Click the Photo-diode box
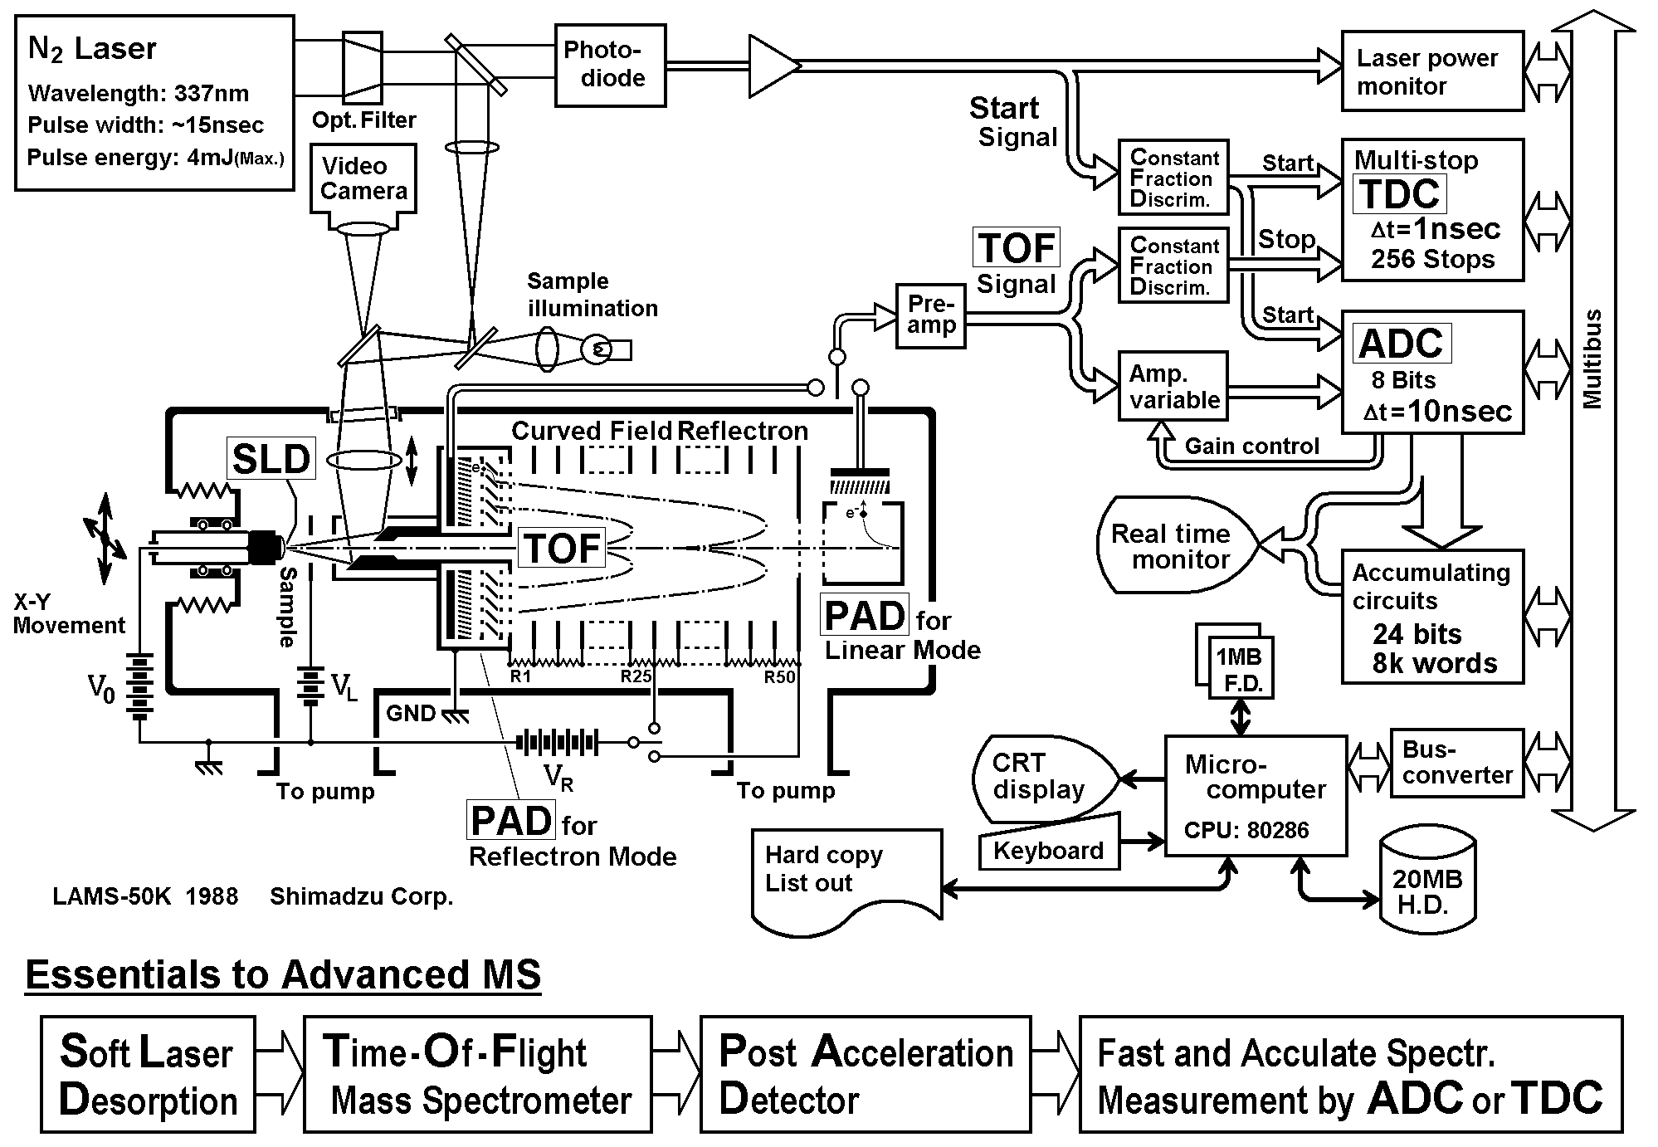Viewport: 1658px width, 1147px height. click(610, 65)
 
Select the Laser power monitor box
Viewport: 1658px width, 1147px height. click(1432, 71)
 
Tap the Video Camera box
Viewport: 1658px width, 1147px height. click(363, 179)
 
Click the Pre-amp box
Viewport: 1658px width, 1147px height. click(931, 315)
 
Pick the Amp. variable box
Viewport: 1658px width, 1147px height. click(1173, 387)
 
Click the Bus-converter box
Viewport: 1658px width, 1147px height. click(1456, 763)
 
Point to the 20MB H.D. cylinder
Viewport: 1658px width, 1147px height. click(1427, 884)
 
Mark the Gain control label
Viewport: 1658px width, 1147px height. click(1251, 447)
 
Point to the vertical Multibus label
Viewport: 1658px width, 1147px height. click(1591, 359)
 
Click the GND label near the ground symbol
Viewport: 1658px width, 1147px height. click(411, 713)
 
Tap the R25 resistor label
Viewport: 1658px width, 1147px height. click(636, 676)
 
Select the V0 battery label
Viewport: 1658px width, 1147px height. click(101, 688)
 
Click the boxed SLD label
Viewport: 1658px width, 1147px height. click(271, 458)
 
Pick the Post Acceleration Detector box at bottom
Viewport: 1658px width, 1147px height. click(865, 1074)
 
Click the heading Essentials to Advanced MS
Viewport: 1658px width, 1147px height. click(283, 974)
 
